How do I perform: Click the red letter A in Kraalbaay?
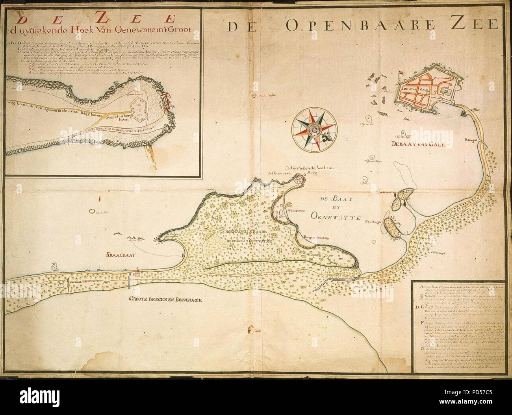pos(133,238)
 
